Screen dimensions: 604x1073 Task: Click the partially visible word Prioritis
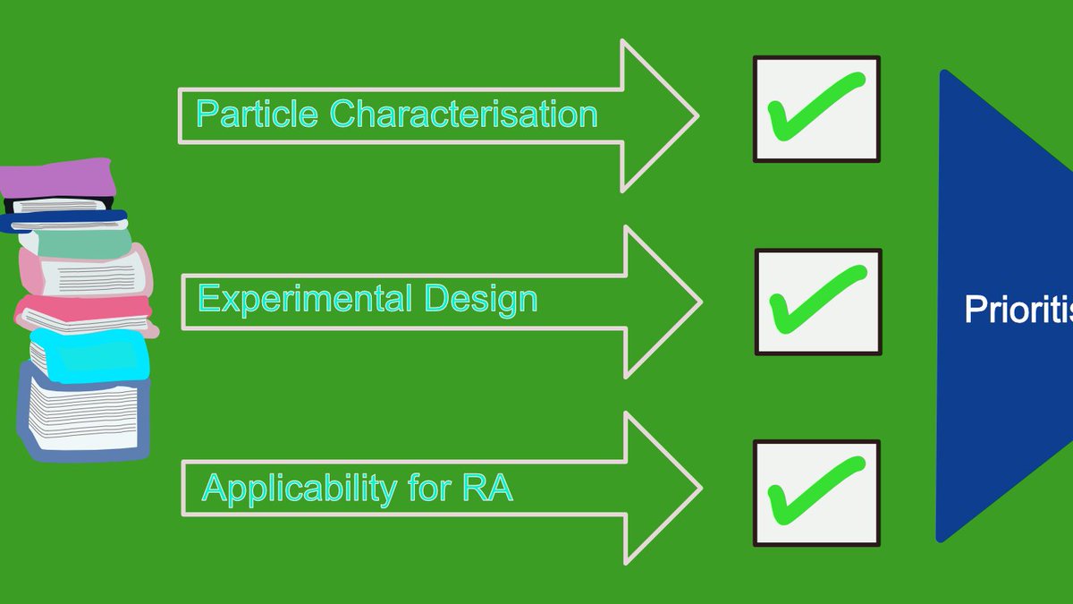pos(1018,310)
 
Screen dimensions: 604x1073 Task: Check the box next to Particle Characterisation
pos(816,109)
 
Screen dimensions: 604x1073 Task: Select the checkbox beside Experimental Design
pos(818,302)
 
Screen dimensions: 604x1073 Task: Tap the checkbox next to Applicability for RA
pos(816,493)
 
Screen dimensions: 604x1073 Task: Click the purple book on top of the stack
pos(59,179)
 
